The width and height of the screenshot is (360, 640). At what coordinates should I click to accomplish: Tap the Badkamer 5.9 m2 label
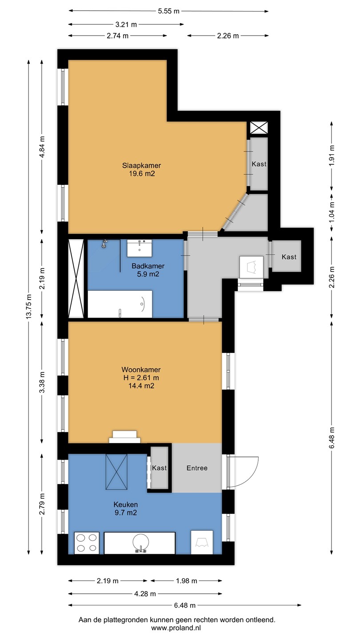148,270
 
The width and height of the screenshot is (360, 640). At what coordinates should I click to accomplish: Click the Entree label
197,468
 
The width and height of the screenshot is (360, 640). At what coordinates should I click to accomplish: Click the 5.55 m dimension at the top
168,11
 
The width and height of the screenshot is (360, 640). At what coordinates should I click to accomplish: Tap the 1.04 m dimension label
332,212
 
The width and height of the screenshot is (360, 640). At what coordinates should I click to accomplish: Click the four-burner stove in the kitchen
87,543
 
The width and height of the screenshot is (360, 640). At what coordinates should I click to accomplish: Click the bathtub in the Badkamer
120,304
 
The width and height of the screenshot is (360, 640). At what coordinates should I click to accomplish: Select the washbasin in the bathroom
140,248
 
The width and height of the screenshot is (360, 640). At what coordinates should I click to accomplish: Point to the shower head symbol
104,244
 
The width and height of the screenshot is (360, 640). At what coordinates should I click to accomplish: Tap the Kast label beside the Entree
159,468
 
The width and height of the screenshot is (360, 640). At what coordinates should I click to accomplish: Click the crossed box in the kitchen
116,472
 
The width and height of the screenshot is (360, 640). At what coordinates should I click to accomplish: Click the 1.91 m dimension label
332,156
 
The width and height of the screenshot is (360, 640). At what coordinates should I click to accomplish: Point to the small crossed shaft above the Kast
259,128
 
